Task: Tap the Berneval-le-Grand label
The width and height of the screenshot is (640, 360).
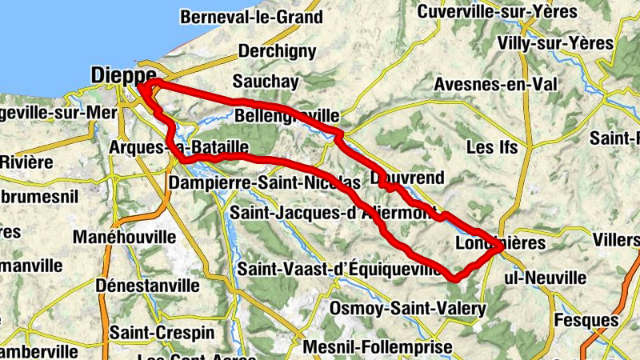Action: [x=251, y=17]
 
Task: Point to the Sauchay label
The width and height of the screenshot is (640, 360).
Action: [x=265, y=82]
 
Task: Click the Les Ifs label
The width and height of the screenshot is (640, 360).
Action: [x=492, y=148]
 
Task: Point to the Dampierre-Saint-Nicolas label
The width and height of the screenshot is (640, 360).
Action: [x=265, y=184]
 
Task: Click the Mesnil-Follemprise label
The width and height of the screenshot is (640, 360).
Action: [x=378, y=347]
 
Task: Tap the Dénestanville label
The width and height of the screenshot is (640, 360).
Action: [x=147, y=286]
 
